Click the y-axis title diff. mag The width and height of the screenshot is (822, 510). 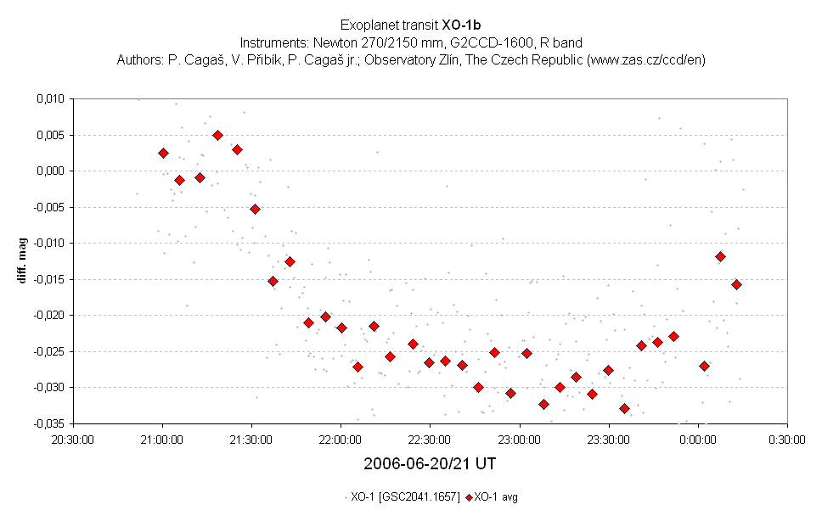(x=25, y=261)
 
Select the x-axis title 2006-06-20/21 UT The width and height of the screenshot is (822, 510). (x=430, y=464)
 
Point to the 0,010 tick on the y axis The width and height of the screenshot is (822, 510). (x=49, y=99)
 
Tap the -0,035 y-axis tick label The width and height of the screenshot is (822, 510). (x=48, y=423)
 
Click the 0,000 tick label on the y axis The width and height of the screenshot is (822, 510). (x=49, y=171)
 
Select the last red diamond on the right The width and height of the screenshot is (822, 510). (x=736, y=284)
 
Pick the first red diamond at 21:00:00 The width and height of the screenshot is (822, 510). (x=163, y=153)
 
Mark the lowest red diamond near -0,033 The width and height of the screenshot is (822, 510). (x=624, y=408)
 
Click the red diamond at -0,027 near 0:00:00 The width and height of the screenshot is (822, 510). (x=704, y=366)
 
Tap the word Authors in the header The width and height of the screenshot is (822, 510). (x=137, y=59)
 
